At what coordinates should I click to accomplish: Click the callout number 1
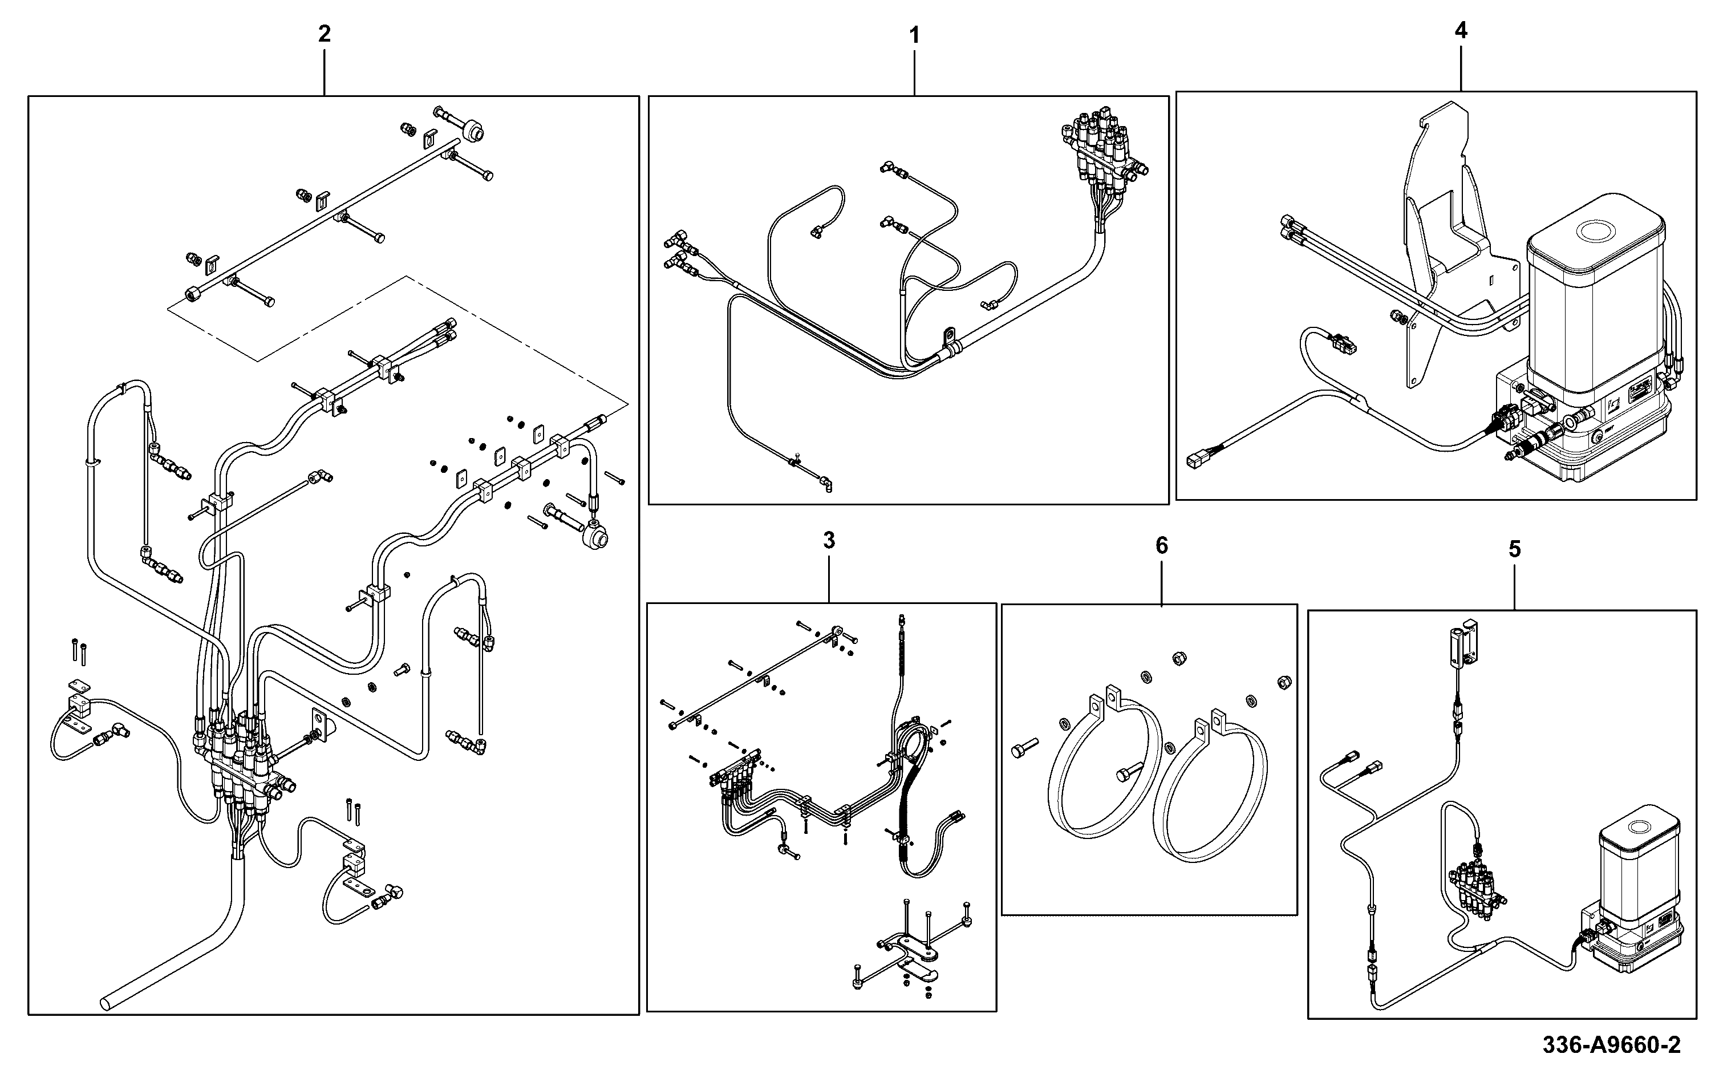(x=914, y=35)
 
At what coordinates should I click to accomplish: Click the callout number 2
(x=324, y=34)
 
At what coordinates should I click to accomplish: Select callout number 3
(x=829, y=541)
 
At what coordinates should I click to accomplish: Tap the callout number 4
(x=1461, y=31)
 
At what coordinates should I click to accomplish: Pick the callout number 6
(x=1162, y=546)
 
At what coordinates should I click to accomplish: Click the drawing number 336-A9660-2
(x=1611, y=1045)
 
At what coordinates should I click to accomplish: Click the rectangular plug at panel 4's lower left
(x=1197, y=460)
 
